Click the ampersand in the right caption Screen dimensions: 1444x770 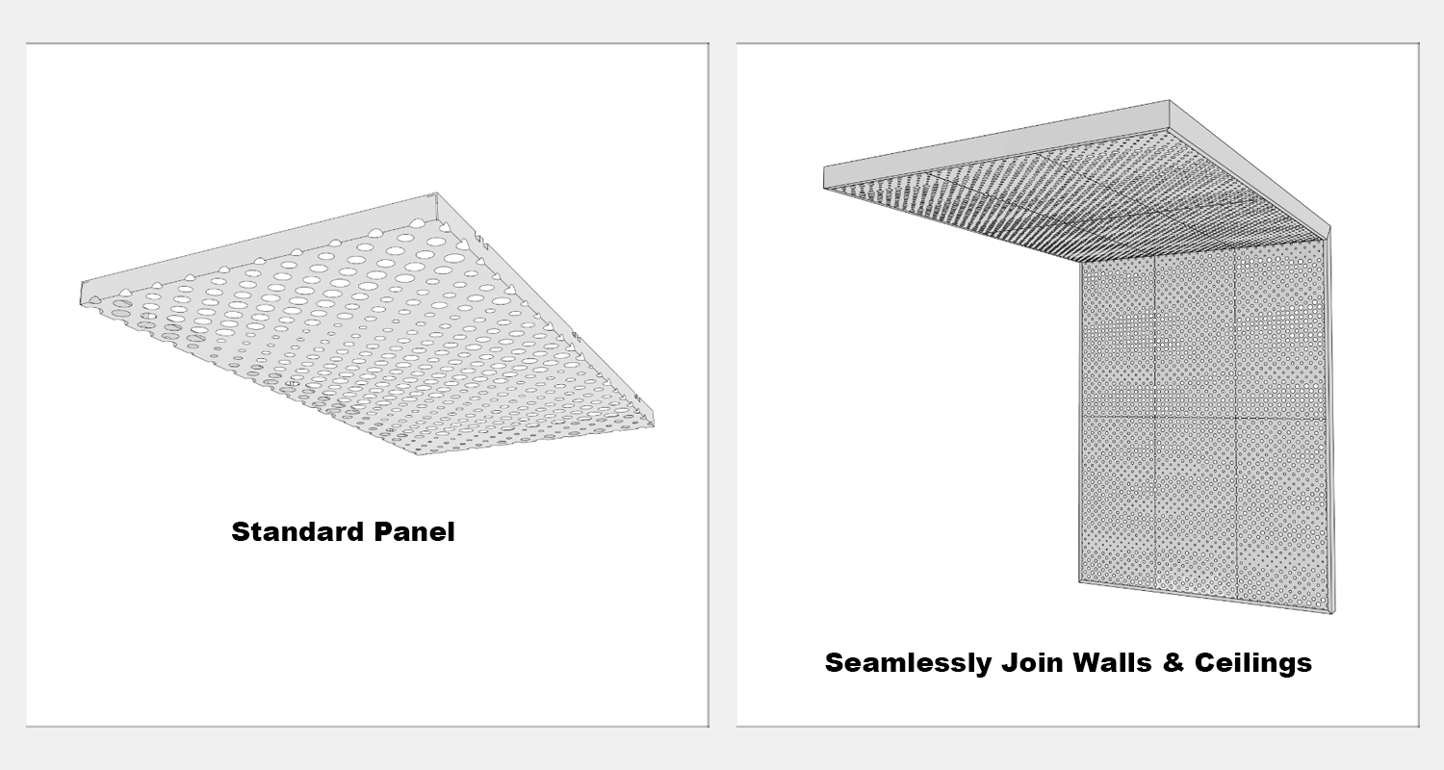[1173, 662]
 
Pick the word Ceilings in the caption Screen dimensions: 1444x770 [1253, 663]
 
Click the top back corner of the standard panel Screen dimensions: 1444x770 [436, 192]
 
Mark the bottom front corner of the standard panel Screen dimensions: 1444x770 [417, 454]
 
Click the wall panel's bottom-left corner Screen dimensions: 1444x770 [1080, 582]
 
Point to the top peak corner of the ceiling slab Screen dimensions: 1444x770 [1170, 100]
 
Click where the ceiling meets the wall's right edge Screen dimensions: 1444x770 [1326, 240]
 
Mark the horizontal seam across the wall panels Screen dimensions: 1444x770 [1203, 418]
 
